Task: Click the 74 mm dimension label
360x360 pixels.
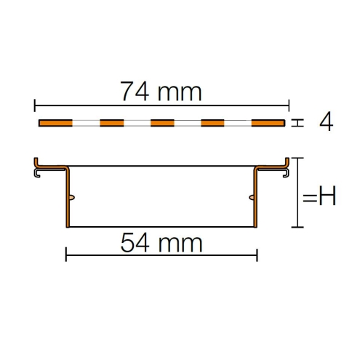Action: (161, 92)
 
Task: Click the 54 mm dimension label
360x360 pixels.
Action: (161, 243)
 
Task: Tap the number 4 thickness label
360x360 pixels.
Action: (326, 121)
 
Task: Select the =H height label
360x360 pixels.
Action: (319, 196)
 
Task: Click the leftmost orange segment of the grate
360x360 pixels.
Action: (55, 123)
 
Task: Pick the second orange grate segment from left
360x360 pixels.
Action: (112, 123)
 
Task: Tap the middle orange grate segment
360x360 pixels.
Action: (162, 123)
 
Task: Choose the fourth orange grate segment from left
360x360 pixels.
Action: (212, 123)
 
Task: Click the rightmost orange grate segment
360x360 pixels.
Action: (268, 123)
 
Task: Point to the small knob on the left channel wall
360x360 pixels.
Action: (72, 198)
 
